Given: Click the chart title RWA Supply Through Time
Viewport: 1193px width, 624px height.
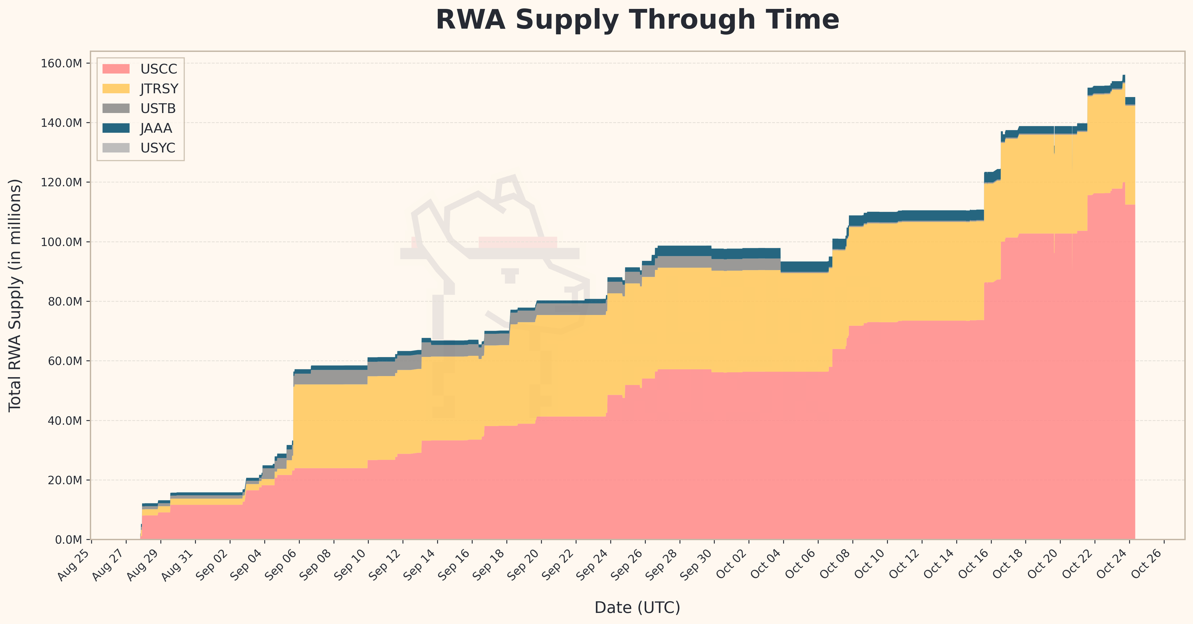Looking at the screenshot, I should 637,20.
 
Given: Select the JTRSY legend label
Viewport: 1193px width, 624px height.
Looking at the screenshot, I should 159,89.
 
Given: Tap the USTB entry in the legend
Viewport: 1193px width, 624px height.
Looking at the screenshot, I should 158,109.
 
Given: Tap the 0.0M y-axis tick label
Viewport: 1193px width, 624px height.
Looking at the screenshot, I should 68,540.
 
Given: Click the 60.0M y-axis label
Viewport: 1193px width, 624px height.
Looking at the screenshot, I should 65,361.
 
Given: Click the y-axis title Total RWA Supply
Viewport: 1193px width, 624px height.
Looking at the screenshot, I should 15,295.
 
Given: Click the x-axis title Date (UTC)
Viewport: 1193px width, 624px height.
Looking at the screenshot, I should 637,607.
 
